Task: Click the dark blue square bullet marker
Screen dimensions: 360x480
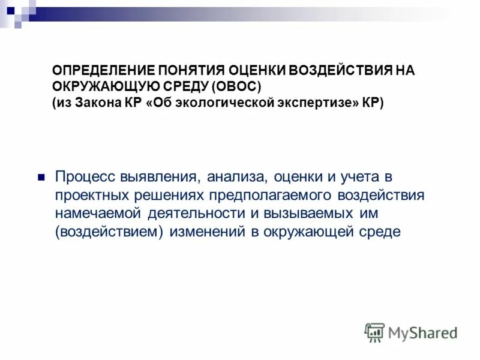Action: (42, 178)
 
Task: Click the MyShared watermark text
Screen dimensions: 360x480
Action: (422, 333)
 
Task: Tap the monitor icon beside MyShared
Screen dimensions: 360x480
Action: (374, 332)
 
